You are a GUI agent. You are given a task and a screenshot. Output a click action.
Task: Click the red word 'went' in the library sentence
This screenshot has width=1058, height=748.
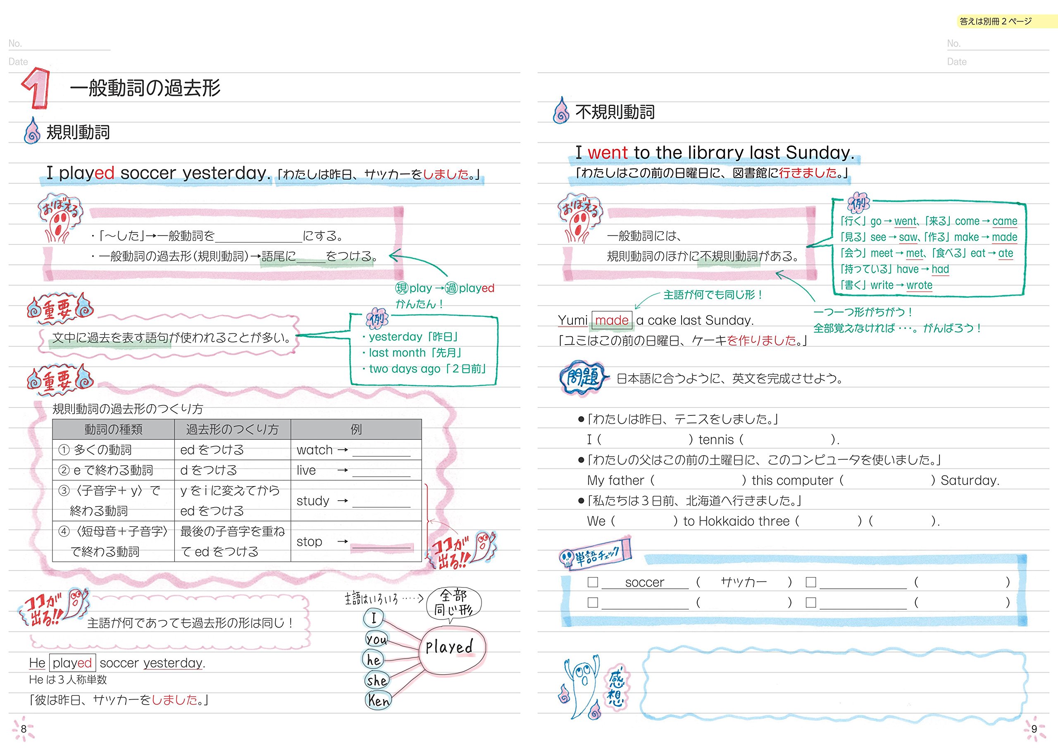(x=608, y=153)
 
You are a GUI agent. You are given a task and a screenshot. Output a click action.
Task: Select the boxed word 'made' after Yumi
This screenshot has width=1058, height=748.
(x=612, y=320)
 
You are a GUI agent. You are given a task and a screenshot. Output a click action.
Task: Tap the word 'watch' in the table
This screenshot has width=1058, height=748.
(x=314, y=450)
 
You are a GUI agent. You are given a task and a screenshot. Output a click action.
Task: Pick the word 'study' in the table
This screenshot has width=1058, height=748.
(x=312, y=501)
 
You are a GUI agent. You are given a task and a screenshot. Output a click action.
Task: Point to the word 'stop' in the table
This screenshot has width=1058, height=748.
(x=309, y=542)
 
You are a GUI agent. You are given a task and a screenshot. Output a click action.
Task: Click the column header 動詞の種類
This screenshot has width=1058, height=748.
(x=113, y=429)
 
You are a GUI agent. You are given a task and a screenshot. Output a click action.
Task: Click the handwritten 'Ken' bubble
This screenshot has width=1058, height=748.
(x=378, y=700)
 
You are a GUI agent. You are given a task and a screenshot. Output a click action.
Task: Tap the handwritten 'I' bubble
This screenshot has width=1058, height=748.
(x=374, y=618)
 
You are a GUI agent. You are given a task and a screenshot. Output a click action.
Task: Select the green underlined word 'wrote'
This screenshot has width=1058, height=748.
(x=919, y=285)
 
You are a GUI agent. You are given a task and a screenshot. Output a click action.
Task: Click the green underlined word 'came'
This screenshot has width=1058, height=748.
(x=1005, y=221)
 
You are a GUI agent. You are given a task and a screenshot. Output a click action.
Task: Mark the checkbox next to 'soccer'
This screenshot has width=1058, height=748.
(x=593, y=582)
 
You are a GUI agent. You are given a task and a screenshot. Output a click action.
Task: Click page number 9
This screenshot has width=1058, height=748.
(x=1034, y=729)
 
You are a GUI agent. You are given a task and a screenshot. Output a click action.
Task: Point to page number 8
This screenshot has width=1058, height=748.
(x=24, y=729)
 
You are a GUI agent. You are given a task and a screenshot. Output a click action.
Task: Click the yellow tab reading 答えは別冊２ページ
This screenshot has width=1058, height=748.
(x=995, y=21)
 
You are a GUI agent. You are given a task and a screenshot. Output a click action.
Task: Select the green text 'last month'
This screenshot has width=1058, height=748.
(x=397, y=353)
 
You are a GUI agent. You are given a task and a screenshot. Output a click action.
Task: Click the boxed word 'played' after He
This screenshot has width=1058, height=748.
(x=72, y=663)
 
